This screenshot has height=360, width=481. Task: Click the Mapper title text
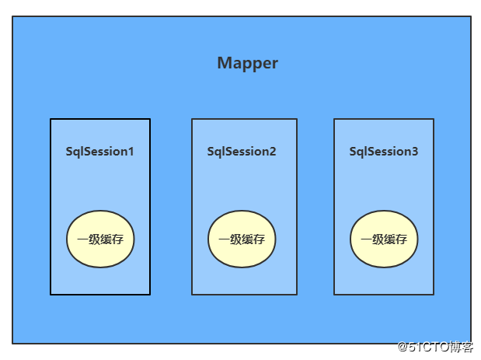click(x=248, y=64)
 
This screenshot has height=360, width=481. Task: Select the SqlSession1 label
click(x=99, y=152)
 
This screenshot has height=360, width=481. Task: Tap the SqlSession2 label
click(x=242, y=152)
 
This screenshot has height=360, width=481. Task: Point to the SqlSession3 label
click(x=383, y=152)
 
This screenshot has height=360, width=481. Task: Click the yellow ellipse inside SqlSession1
click(x=100, y=239)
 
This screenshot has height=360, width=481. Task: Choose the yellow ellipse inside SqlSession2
click(x=242, y=239)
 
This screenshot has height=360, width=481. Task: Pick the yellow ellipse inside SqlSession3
click(x=384, y=239)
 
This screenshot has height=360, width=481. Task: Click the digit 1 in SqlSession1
click(x=131, y=152)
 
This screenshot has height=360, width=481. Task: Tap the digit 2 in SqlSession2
click(x=273, y=152)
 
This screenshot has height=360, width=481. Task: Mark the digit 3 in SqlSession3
click(x=414, y=152)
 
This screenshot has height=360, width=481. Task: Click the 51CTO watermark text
click(x=435, y=347)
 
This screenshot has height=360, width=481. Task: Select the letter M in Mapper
click(x=224, y=63)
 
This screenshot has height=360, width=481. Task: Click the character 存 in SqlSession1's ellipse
click(x=118, y=239)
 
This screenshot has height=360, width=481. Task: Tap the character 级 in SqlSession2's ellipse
click(x=236, y=239)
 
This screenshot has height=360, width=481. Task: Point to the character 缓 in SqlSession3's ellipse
click(x=389, y=239)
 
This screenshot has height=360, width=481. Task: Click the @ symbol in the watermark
click(x=403, y=347)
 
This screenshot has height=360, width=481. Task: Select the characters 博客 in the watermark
click(x=461, y=347)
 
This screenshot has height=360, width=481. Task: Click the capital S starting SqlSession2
click(x=211, y=152)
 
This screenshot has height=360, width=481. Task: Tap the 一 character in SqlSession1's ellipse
click(x=82, y=239)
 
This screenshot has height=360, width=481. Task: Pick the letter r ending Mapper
click(x=275, y=65)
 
